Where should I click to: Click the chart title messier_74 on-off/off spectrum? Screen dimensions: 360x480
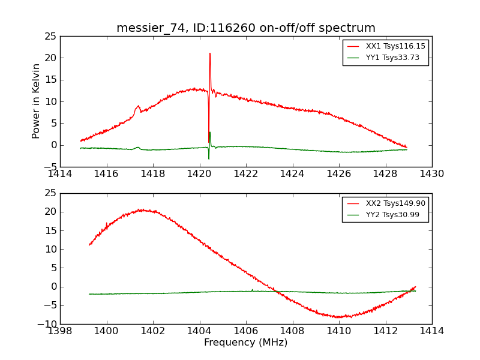(246, 28)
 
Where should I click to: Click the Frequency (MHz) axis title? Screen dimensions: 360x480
(246, 343)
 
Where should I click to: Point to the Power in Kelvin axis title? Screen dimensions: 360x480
(37, 101)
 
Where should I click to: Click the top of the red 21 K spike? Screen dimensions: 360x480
(210, 53)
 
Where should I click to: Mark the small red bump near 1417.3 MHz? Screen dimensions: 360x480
(138, 106)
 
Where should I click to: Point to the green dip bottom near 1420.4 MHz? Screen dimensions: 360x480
(209, 159)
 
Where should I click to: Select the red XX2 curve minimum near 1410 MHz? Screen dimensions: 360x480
(339, 317)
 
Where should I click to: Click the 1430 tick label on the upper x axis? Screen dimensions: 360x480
(431, 173)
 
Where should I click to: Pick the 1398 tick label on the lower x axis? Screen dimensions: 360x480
(60, 331)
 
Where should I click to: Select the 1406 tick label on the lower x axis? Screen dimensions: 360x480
(246, 331)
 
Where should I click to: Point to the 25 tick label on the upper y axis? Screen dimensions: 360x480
(50, 37)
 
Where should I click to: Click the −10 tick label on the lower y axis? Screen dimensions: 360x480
(46, 324)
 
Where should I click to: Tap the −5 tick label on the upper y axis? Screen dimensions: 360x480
(50, 167)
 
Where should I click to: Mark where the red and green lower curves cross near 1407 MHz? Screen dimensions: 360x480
(278, 292)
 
